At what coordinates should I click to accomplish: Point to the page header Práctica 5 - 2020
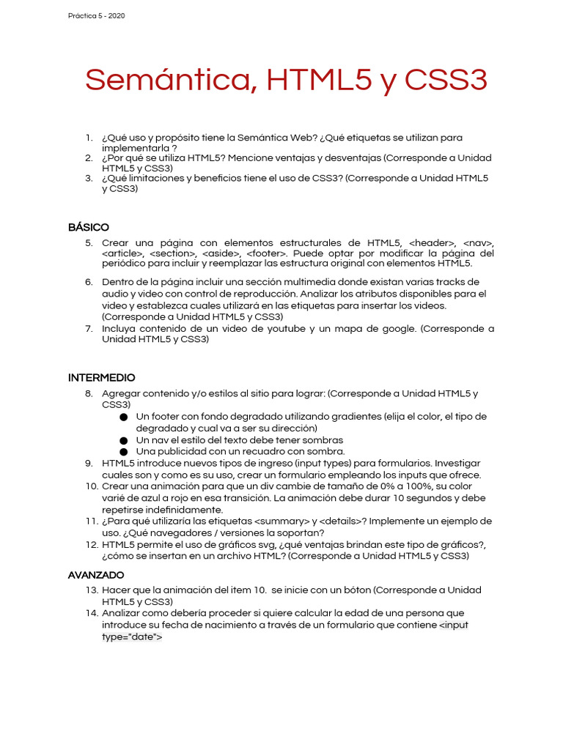(97, 15)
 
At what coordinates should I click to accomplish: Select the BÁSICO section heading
(88, 227)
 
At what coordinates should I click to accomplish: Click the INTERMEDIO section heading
(101, 378)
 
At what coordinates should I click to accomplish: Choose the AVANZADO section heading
(96, 575)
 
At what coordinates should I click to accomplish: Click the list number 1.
(88, 138)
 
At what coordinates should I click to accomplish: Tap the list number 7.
(88, 329)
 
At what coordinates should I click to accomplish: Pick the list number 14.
(91, 613)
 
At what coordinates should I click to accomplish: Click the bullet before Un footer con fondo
(124, 417)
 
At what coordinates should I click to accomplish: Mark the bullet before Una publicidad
(124, 452)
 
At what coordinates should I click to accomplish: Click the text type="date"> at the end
(132, 637)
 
